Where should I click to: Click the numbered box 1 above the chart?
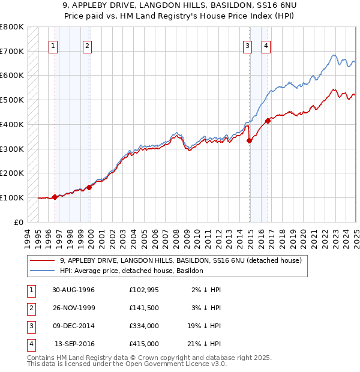tap(53, 45)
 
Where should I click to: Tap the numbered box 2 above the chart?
tap(87, 45)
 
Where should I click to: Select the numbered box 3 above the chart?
tap(247, 45)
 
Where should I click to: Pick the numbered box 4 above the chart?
tap(265, 45)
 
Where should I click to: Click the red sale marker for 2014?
tap(249, 140)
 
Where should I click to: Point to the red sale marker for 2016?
tap(268, 121)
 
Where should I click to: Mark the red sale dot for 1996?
tap(55, 196)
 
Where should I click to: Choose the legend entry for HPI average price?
tap(131, 271)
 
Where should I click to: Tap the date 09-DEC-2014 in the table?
tap(73, 326)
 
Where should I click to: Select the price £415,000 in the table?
tap(143, 344)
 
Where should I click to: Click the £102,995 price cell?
tap(143, 290)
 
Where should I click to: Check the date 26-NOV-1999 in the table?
tap(73, 308)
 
